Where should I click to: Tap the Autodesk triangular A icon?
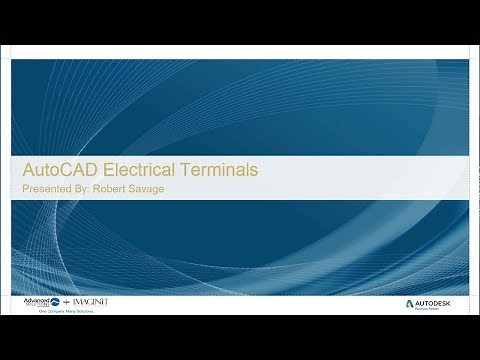pos(411,302)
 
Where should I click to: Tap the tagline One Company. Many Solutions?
pos(60,311)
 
